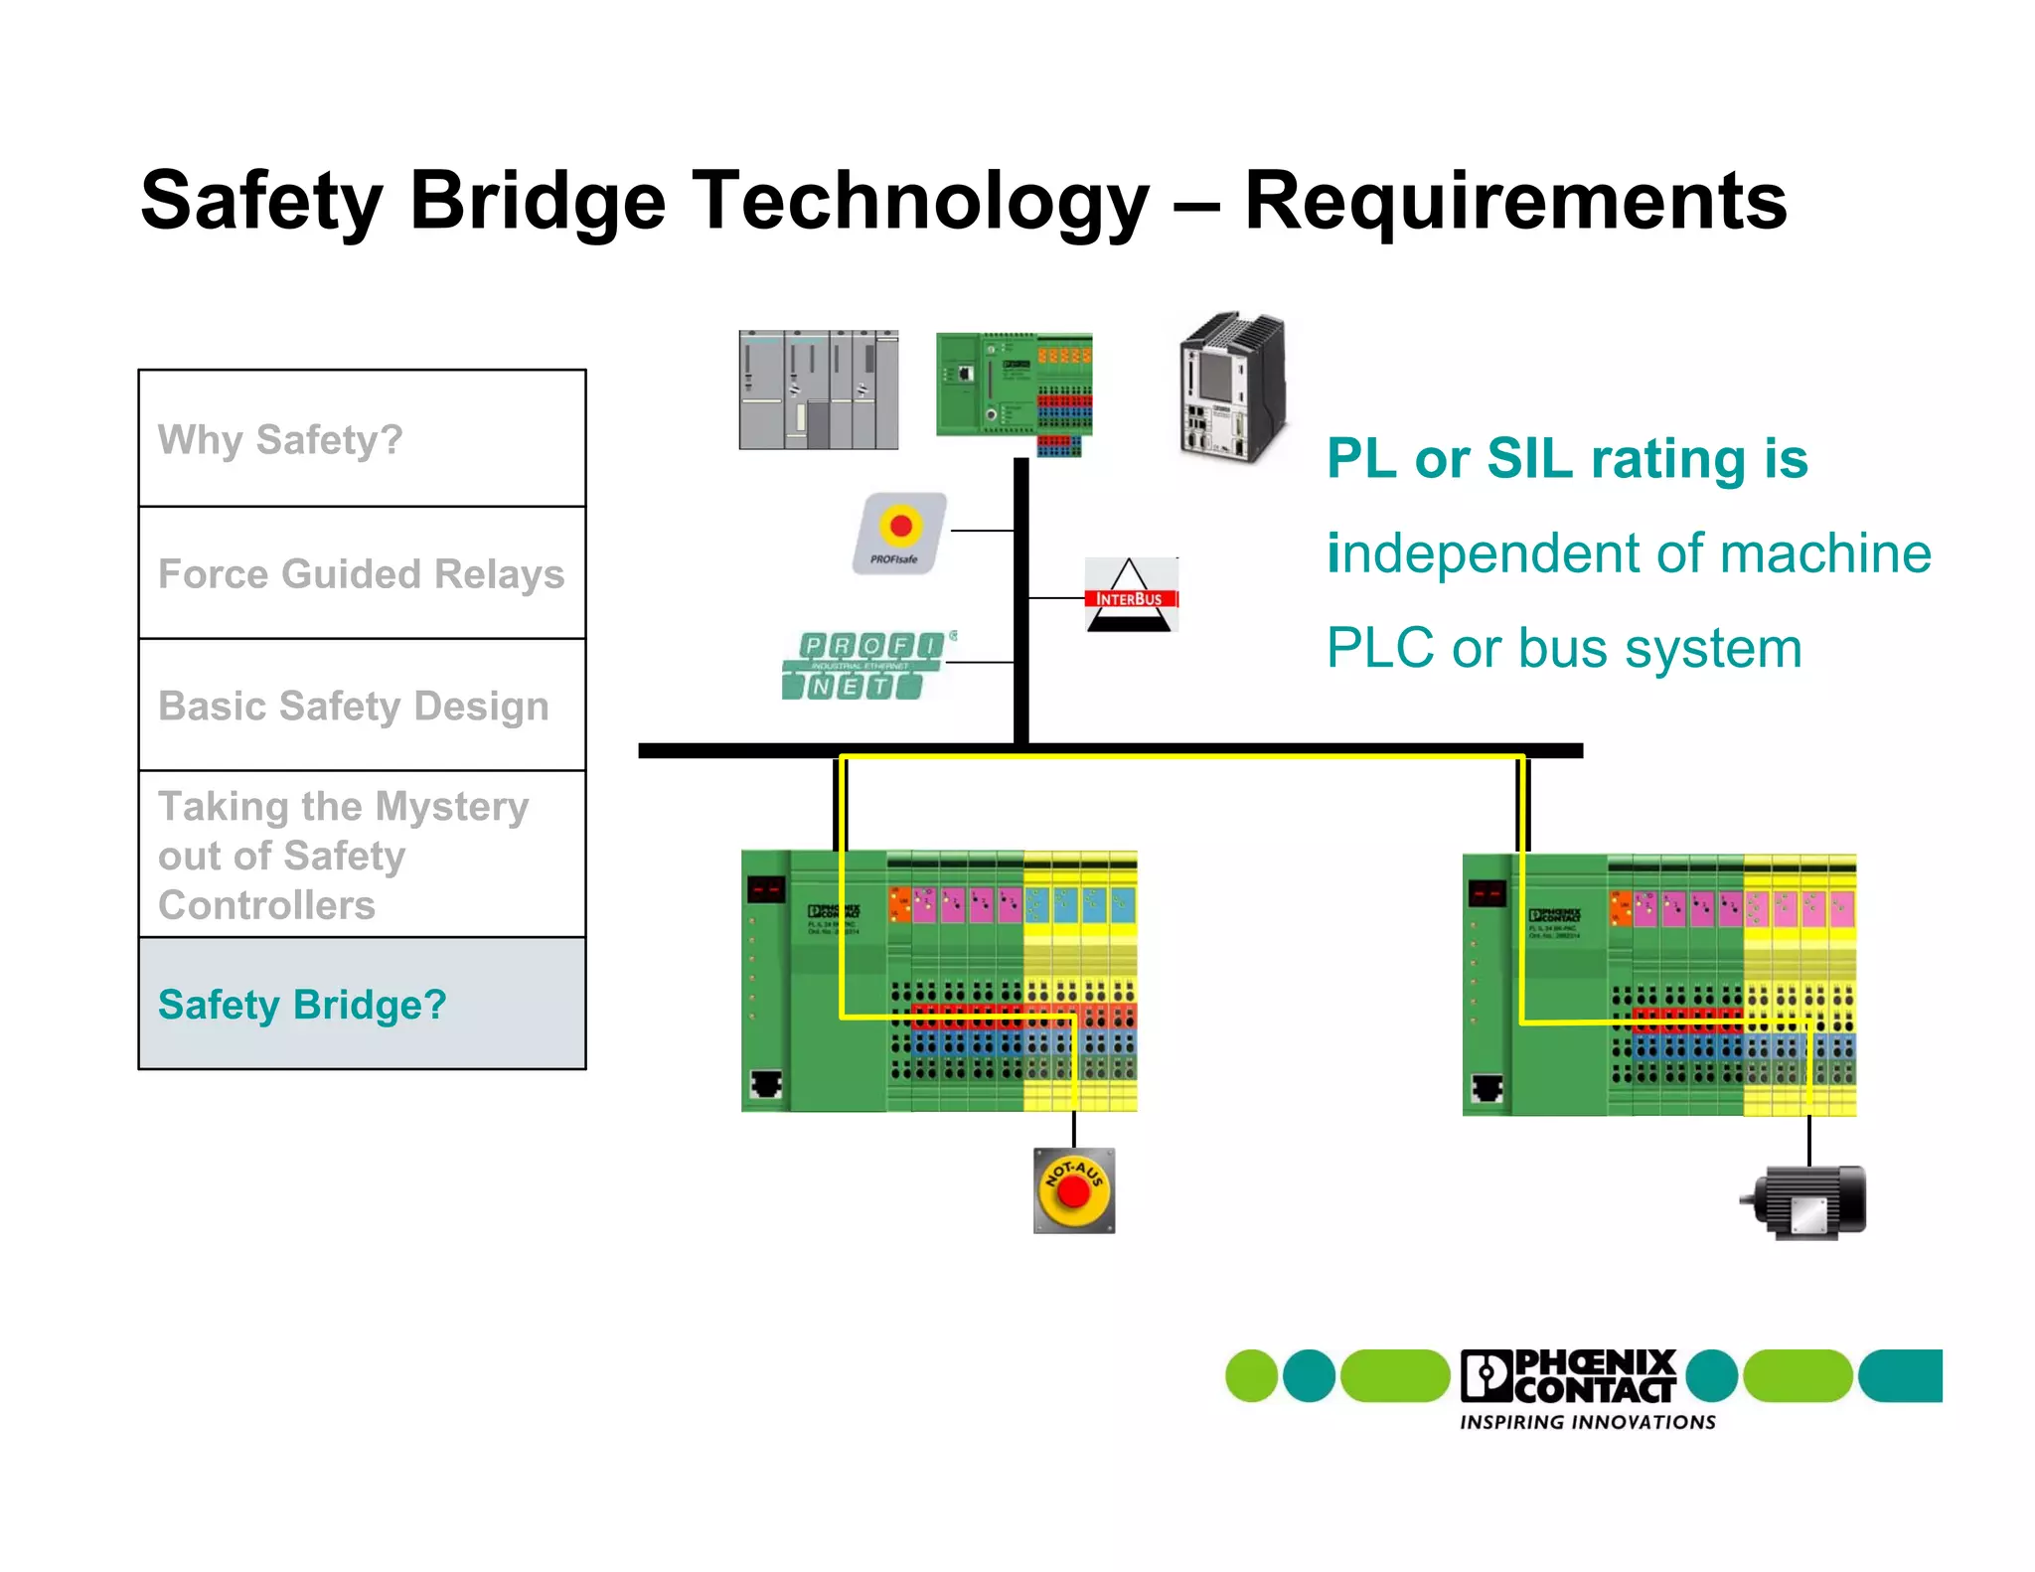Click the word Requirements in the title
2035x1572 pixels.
click(1514, 202)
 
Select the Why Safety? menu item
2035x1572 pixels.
click(280, 439)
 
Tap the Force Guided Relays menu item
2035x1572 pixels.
click(361, 574)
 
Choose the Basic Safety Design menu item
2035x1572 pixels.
click(354, 707)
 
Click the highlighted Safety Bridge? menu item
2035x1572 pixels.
click(302, 1005)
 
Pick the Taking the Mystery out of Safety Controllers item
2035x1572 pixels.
click(343, 856)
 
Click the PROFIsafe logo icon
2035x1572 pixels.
click(899, 534)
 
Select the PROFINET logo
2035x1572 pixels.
click(865, 666)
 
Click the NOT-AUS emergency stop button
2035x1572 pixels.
click(1073, 1190)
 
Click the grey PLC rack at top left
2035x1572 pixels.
click(818, 391)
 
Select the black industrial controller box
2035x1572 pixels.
click(1231, 389)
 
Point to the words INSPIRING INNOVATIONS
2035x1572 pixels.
click(1587, 1423)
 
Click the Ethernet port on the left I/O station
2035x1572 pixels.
click(765, 1083)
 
